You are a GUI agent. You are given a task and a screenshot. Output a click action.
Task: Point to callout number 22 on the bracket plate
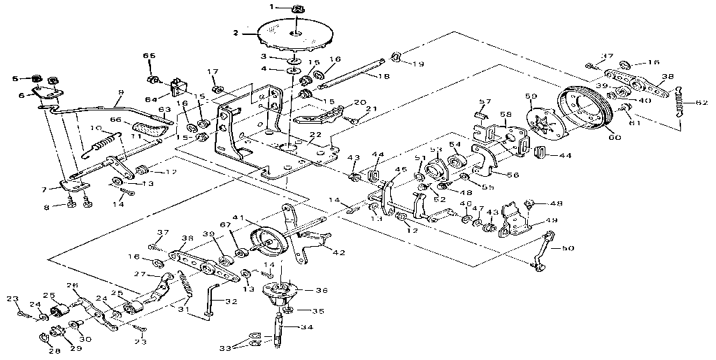pyautogui.click(x=315, y=135)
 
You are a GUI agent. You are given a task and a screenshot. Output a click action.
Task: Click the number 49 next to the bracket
pyautogui.click(x=552, y=221)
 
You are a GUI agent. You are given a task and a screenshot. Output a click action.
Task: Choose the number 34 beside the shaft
pyautogui.click(x=307, y=327)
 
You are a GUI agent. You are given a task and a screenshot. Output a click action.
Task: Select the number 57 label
pyautogui.click(x=485, y=101)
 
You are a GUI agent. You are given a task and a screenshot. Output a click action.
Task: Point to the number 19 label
pyautogui.click(x=418, y=64)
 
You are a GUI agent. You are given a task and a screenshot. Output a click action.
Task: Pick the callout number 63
pyautogui.click(x=164, y=110)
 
